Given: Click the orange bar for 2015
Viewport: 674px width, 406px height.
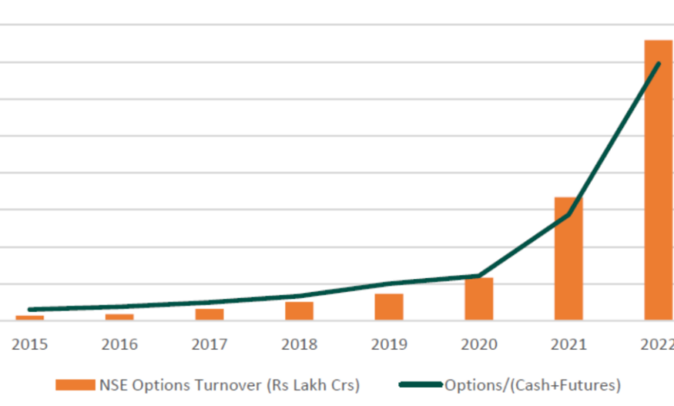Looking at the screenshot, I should click(29, 318).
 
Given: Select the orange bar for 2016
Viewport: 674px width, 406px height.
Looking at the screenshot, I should click(119, 317).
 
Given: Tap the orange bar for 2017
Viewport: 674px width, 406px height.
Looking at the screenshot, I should click(209, 314).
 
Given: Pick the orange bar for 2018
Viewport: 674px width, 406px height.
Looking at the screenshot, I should click(299, 311).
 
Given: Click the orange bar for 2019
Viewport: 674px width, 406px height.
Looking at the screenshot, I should click(389, 308).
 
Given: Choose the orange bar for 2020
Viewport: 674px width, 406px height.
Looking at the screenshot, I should click(479, 299).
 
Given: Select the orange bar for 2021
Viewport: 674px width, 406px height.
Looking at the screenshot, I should click(569, 259).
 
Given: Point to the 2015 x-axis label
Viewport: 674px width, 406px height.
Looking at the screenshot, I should click(29, 344).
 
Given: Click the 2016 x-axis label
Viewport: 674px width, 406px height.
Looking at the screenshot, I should click(119, 344).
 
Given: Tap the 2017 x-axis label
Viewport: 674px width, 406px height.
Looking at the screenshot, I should click(209, 344).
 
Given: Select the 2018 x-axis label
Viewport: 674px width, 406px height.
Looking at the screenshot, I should click(299, 344).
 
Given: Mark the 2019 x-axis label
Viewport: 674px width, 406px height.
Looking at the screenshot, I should click(389, 344).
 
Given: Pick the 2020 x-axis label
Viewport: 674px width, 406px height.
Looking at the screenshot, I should click(479, 344).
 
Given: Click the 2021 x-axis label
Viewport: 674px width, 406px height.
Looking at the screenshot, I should click(569, 344).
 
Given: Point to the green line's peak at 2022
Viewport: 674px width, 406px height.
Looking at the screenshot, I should click(658, 64).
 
